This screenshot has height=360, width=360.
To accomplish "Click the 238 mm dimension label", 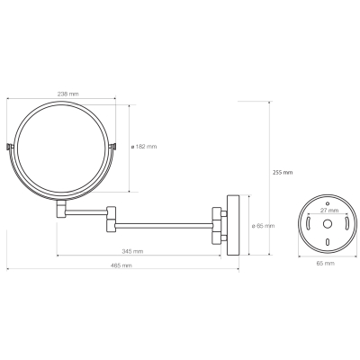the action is (67, 94).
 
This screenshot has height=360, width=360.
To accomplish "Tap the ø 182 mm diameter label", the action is (144, 147).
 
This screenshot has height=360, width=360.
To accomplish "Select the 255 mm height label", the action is (283, 173).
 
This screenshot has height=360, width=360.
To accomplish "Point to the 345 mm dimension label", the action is (132, 251).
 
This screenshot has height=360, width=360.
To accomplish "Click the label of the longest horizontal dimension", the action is (121, 265).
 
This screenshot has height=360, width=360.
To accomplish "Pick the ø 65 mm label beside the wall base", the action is (263, 226).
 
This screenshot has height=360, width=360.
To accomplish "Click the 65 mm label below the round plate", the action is (325, 264).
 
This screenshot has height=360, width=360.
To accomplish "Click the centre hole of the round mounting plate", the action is (328, 223).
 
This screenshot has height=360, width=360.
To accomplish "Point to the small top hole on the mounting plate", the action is (328, 202).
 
